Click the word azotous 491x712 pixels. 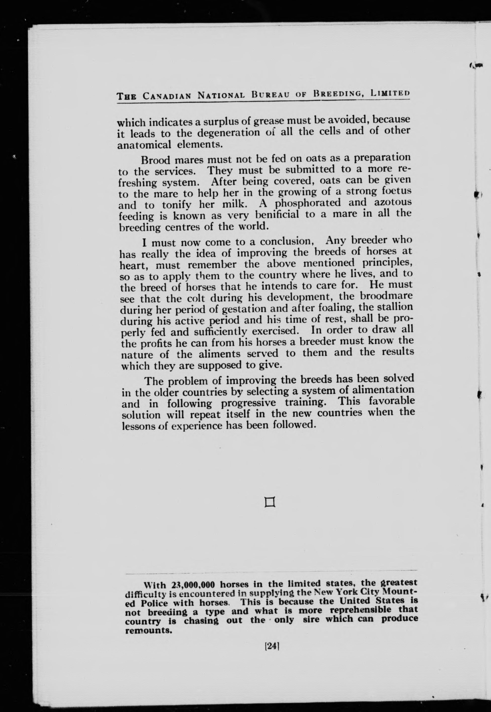(x=393, y=202)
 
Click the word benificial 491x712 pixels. (x=271, y=214)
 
